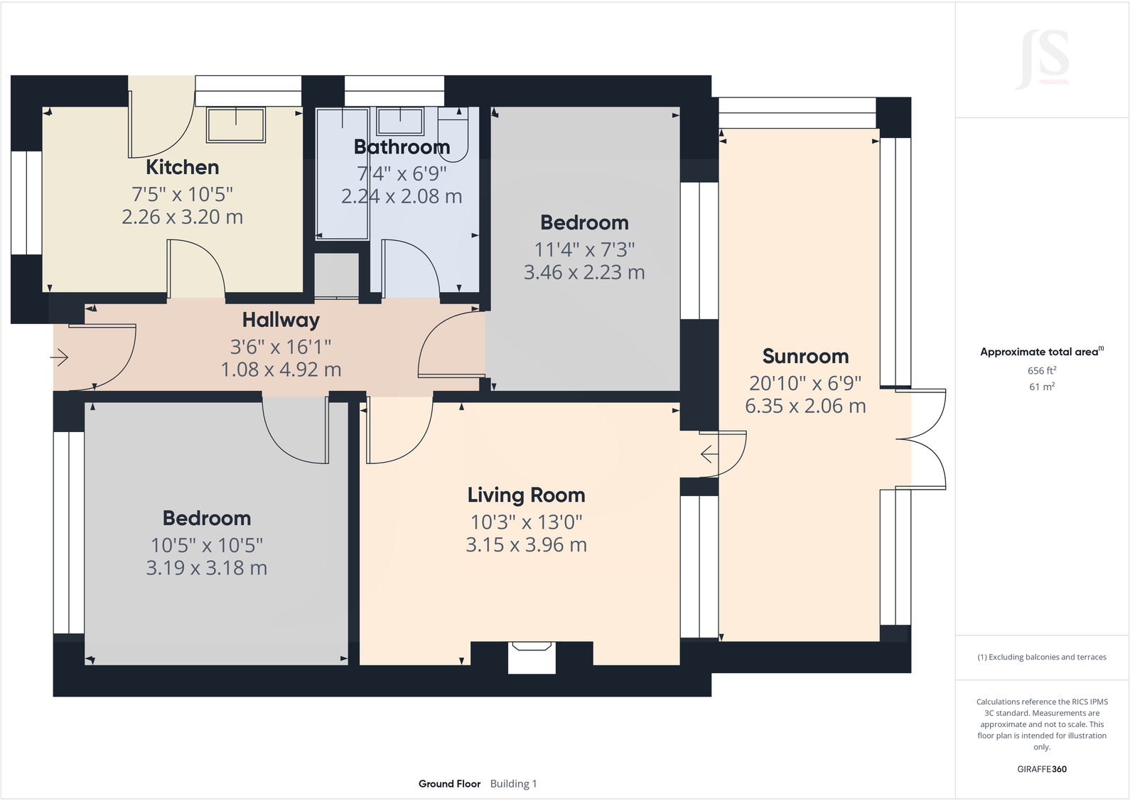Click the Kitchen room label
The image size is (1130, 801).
coord(182,167)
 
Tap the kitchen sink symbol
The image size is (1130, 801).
coord(236,124)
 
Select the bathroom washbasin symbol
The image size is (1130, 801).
coord(400,121)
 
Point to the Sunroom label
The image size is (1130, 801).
coord(805,356)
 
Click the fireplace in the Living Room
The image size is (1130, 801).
coord(532,657)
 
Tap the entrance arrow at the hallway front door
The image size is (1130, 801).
coord(60,357)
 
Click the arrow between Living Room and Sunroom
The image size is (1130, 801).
coord(709,453)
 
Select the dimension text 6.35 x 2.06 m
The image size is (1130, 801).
coord(805,406)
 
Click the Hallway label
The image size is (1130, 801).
coord(281,320)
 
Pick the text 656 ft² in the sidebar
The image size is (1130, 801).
coord(1041,370)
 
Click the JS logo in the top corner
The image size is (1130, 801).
coord(1043,59)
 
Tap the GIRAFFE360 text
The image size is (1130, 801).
coord(1041,769)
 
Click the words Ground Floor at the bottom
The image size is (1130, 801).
coord(449,784)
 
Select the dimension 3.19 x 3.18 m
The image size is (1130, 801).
coord(206,568)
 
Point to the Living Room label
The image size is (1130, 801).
coord(526,495)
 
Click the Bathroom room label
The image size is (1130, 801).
coord(402,147)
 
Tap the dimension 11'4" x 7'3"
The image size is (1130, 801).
coord(584,249)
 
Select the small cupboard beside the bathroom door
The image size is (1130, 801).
coord(337,275)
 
